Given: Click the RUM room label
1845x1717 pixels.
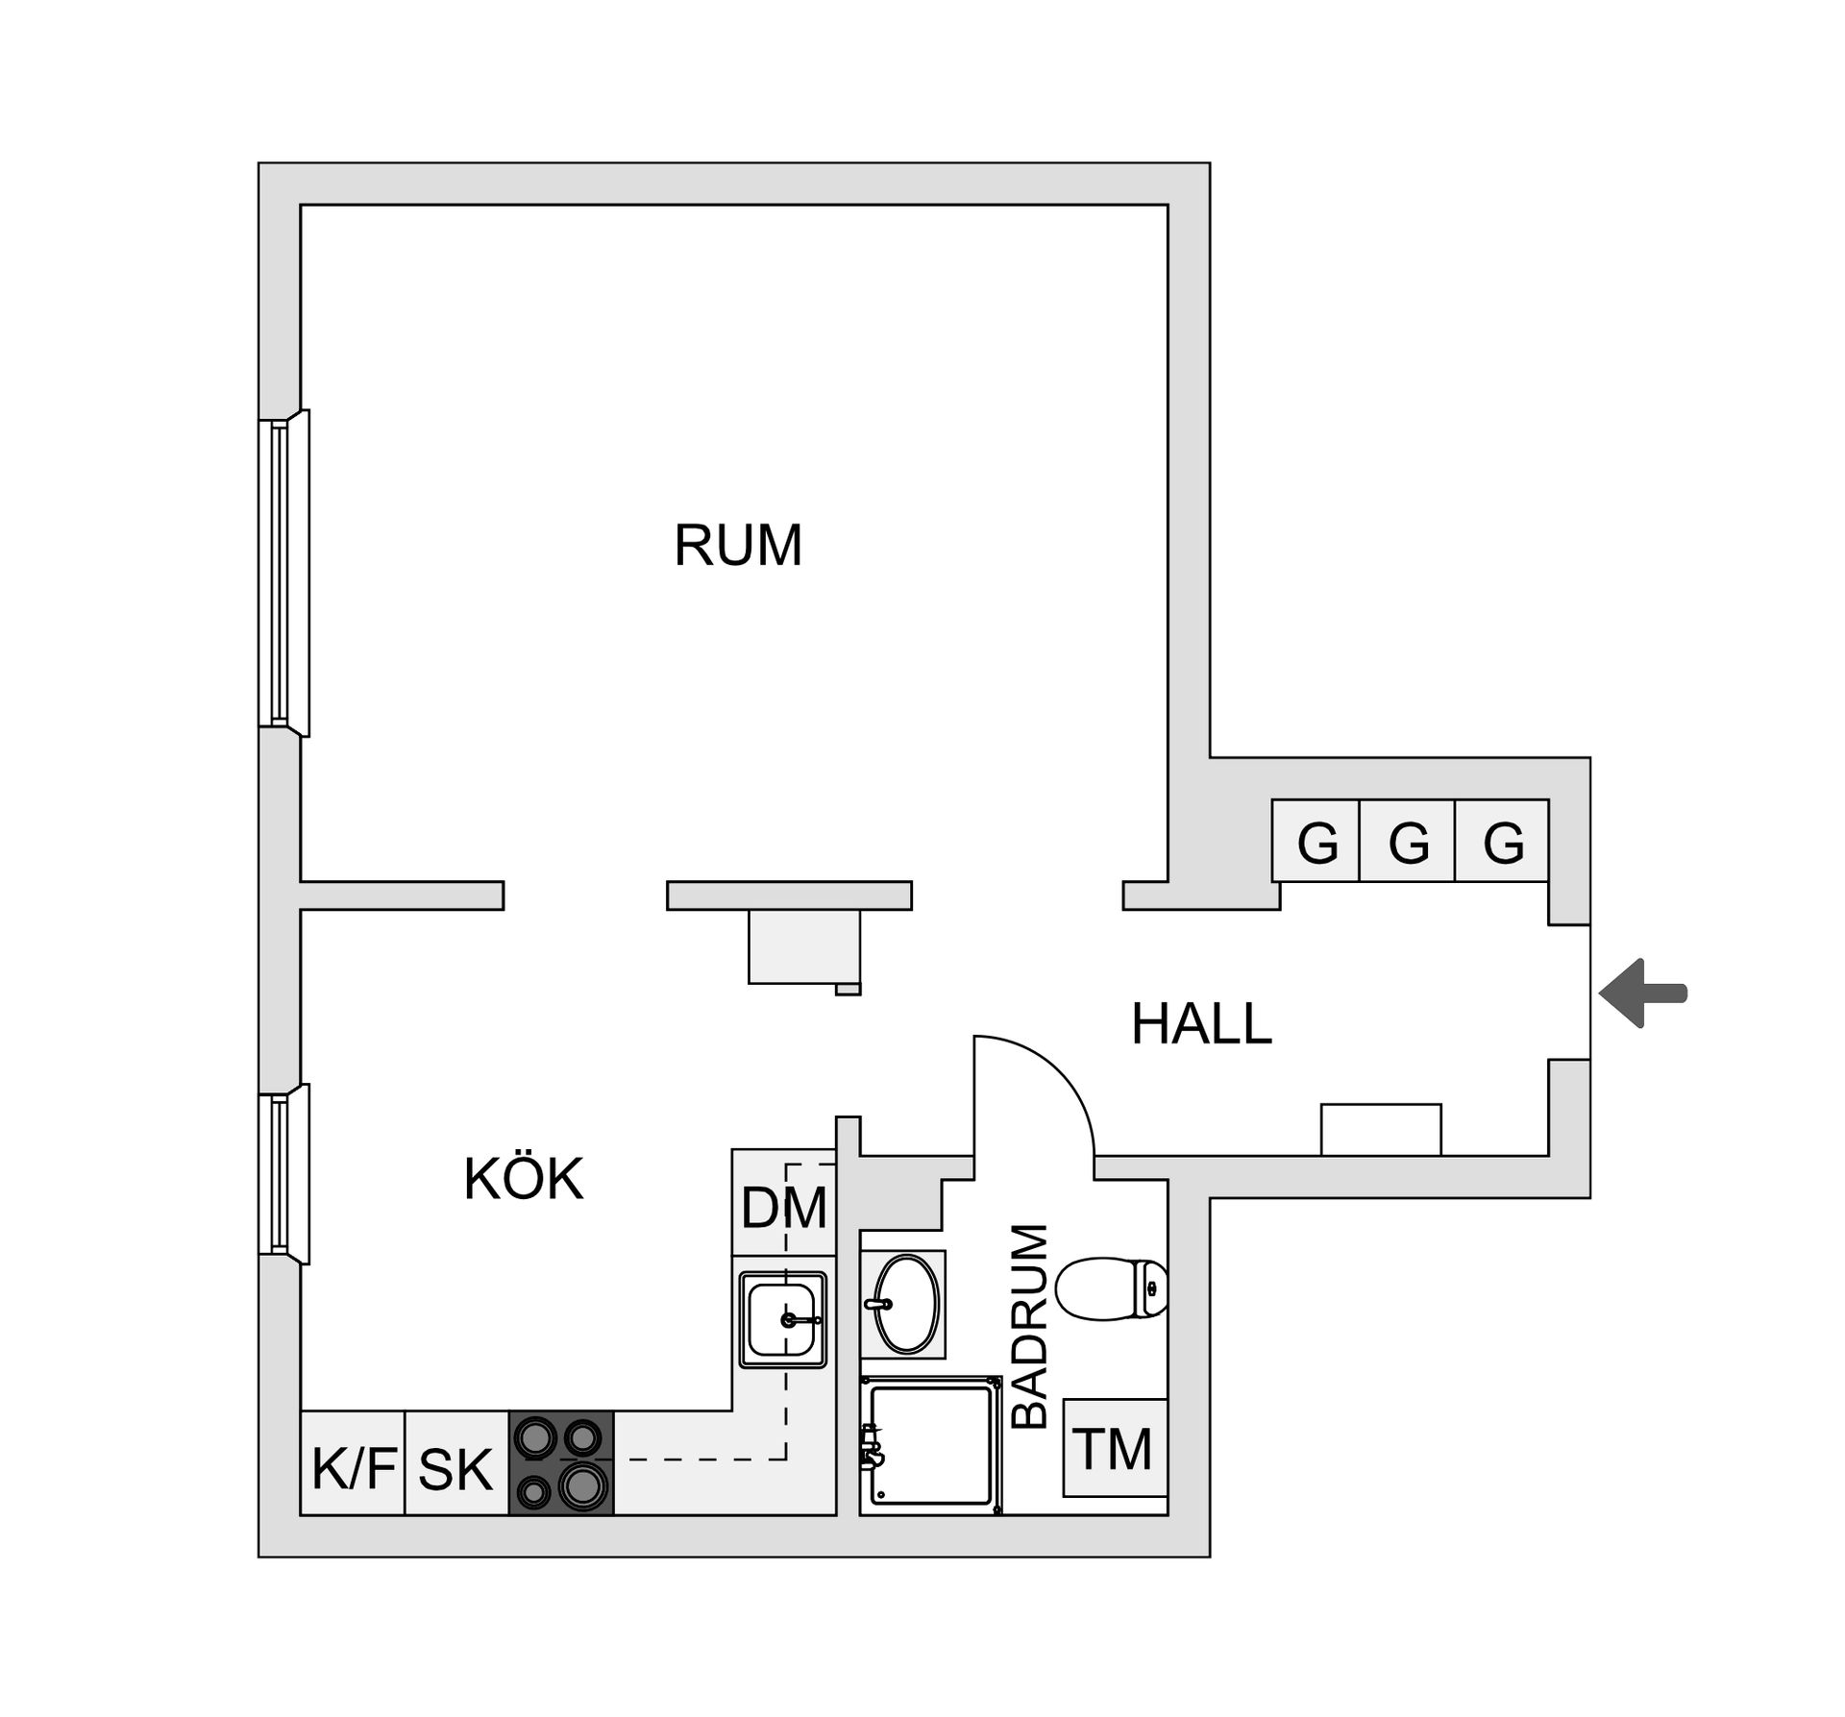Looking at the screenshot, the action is click(x=738, y=546).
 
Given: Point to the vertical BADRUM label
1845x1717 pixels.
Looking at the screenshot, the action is click(x=1029, y=1326).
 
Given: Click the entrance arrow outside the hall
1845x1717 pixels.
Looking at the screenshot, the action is click(x=1643, y=993).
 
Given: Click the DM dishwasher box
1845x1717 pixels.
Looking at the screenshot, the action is click(x=783, y=1202).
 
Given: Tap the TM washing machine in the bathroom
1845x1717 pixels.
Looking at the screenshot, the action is click(x=1115, y=1448).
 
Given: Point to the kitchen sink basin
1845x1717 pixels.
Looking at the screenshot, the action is click(x=783, y=1319).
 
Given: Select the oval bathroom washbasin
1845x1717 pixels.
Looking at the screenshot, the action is click(x=903, y=1304).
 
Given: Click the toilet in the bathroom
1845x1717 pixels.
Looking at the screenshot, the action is click(x=1112, y=1288).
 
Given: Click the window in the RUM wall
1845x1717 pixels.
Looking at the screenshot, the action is click(x=284, y=573).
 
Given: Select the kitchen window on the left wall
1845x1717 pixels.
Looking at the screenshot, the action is click(x=284, y=1174).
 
